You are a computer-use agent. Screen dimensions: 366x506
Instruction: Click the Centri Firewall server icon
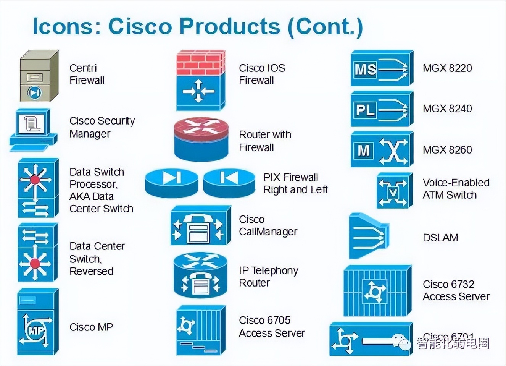39,76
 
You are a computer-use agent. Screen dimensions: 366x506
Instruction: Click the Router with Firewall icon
201,139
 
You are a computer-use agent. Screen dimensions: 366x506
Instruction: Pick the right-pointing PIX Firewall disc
171,183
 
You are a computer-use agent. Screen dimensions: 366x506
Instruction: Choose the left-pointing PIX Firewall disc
229,183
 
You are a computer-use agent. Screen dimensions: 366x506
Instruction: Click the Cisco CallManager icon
200,225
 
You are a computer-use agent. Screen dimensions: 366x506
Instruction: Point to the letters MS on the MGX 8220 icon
365,70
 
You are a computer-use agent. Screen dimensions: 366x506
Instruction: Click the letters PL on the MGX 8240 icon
365,110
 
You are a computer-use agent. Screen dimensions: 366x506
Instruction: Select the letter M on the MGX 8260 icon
363,151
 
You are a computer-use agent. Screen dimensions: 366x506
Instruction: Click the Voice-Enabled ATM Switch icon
395,190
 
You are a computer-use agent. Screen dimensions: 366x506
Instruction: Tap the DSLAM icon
368,236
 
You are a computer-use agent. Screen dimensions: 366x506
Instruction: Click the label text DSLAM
440,238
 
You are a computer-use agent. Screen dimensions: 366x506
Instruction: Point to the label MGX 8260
447,150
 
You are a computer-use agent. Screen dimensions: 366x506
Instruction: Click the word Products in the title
230,26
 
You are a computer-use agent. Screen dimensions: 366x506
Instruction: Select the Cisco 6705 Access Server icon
200,329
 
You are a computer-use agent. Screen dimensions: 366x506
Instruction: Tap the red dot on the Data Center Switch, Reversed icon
35,263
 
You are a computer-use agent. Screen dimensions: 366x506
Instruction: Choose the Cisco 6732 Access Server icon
377,291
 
